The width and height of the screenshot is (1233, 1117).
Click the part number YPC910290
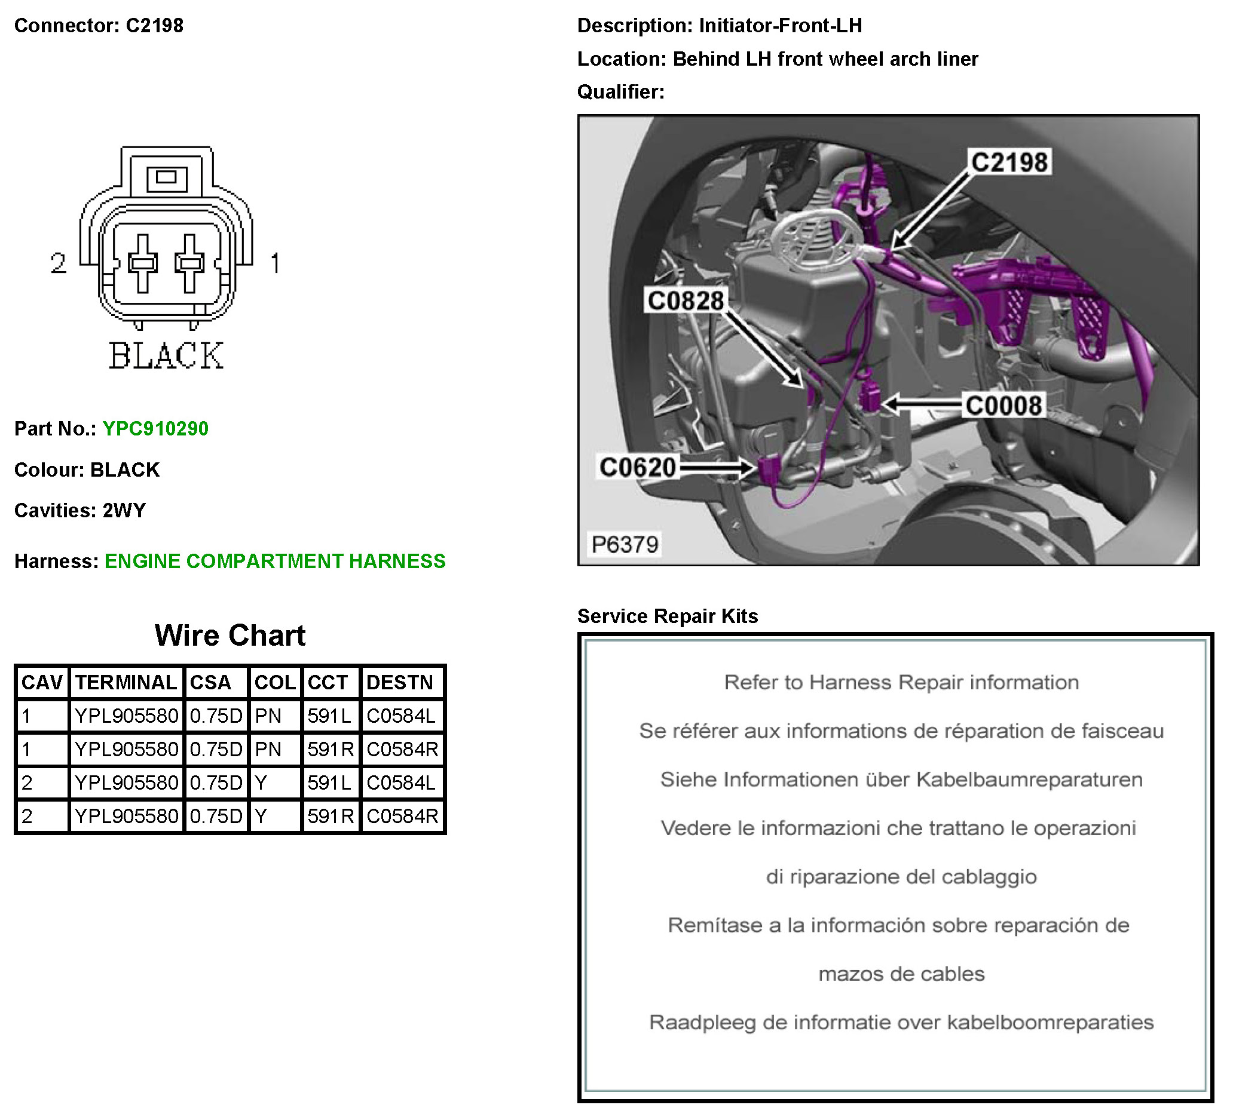pyautogui.click(x=155, y=428)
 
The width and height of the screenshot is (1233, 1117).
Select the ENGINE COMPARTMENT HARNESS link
pyautogui.click(x=274, y=561)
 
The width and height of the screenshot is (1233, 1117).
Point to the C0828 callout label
pyautogui.click(x=685, y=301)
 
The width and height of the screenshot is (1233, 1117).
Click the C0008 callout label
pyautogui.click(x=1003, y=406)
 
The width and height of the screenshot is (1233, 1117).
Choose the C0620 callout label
pyautogui.click(x=637, y=468)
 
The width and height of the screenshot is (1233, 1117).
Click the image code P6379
pyautogui.click(x=625, y=544)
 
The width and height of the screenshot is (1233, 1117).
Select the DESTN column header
pyautogui.click(x=399, y=682)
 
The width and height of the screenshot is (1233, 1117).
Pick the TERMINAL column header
pyautogui.click(x=126, y=682)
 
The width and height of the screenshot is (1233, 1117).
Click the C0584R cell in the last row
pyautogui.click(x=402, y=816)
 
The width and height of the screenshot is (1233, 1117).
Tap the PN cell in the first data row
pyautogui.click(x=268, y=716)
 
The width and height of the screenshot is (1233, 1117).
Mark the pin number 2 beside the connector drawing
pyautogui.click(x=59, y=263)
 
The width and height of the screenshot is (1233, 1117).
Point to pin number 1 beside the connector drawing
pyautogui.click(x=275, y=263)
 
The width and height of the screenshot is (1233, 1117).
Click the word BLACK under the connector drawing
pyautogui.click(x=166, y=356)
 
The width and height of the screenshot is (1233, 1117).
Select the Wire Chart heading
pyautogui.click(x=230, y=635)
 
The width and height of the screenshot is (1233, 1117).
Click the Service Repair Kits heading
pyautogui.click(x=667, y=616)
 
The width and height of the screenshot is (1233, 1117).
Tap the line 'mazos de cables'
pyautogui.click(x=901, y=974)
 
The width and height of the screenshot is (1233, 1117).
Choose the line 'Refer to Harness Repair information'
pyautogui.click(x=901, y=682)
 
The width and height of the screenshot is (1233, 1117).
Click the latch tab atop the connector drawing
pyautogui.click(x=166, y=177)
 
